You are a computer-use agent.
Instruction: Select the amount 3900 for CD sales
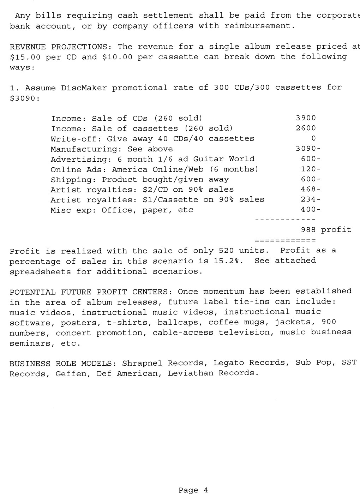pyautogui.click(x=306, y=118)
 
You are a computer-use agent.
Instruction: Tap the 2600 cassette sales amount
pyautogui.click(x=306, y=128)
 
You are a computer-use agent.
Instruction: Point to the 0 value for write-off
pyautogui.click(x=313, y=139)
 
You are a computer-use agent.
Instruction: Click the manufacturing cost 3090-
pyautogui.click(x=308, y=149)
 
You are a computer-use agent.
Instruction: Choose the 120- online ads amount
pyautogui.click(x=311, y=169)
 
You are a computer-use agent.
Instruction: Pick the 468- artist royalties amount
pyautogui.click(x=311, y=190)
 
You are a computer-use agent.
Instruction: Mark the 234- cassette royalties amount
pyautogui.click(x=311, y=200)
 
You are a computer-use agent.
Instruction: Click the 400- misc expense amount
pyautogui.click(x=311, y=210)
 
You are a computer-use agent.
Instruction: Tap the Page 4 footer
pyautogui.click(x=193, y=490)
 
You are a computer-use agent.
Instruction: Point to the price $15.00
pyautogui.click(x=25, y=57)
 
